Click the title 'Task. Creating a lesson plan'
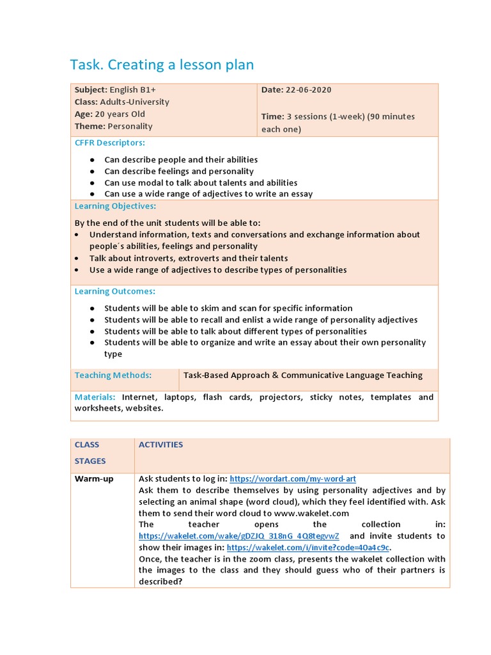161,65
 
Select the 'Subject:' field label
91,90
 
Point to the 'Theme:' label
90,127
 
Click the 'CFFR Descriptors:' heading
110,143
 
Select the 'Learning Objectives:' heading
115,206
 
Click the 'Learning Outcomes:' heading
115,292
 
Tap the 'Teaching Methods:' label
113,375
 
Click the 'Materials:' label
95,397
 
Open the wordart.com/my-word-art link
293,478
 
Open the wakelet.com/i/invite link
308,548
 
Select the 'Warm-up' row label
94,478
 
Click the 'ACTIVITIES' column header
161,445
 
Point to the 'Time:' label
272,116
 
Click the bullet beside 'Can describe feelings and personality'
93,171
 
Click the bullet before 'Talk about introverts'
77,258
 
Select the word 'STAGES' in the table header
90,461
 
